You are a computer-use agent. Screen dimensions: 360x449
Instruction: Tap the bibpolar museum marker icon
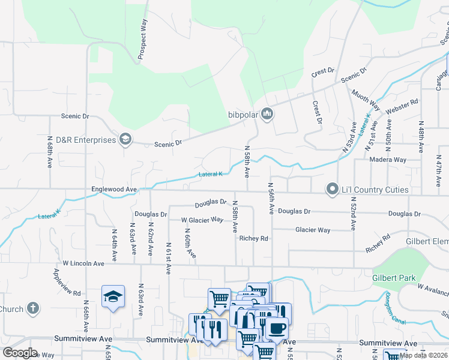267,113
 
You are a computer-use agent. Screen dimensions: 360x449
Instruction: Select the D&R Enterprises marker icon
125,140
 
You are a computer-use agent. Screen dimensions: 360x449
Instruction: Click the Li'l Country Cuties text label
376,190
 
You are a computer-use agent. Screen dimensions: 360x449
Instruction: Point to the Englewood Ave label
113,189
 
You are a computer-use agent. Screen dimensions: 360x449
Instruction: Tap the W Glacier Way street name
202,220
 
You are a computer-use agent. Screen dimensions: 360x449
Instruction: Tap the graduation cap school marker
112,296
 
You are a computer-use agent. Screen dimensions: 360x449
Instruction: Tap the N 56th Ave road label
271,199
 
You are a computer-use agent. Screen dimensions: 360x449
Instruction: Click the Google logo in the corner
20,353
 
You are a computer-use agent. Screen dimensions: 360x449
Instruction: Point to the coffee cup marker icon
277,328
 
